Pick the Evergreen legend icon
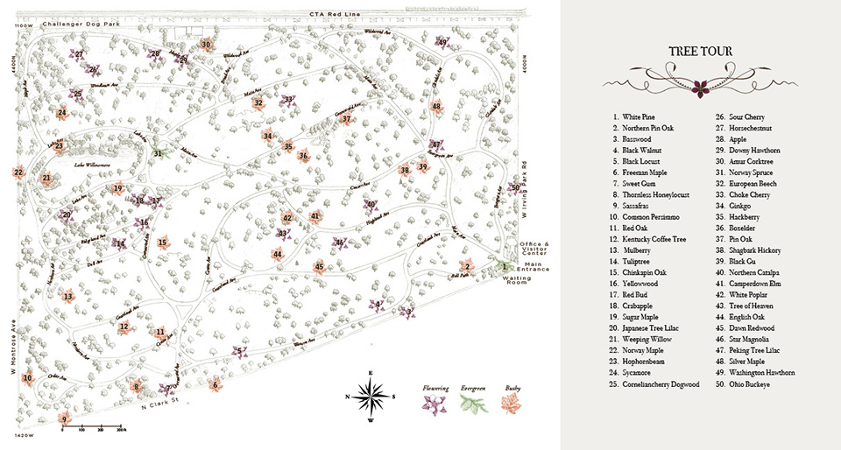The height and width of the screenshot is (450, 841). [473, 404]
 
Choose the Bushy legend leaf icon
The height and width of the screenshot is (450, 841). [510, 404]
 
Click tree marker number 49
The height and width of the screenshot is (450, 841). [443, 42]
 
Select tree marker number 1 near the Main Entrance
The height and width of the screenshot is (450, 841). [504, 266]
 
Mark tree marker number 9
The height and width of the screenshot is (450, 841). [63, 419]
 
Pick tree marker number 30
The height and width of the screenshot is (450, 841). [206, 44]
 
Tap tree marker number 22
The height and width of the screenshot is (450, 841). [18, 173]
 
